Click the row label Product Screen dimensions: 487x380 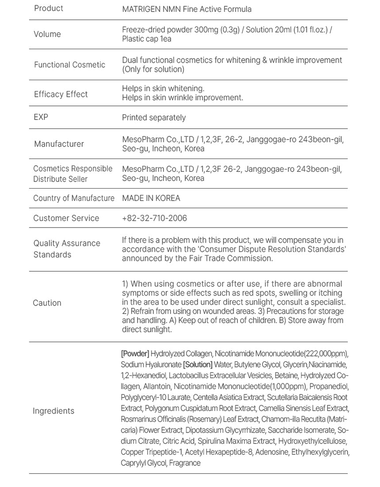tap(49, 8)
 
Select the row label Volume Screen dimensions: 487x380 tap(47, 34)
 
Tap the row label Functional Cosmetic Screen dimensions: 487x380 tap(69, 65)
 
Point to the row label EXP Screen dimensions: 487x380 tap(41, 117)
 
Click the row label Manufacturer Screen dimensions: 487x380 tap(59, 144)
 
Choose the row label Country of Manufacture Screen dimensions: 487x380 tap(74, 198)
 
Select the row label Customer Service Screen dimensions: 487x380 tap(66, 218)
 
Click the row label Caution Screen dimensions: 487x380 tap(47, 303)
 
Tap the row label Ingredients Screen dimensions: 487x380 tap(53, 411)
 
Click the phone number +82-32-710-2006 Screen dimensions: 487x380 tap(154, 218)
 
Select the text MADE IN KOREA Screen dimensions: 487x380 tap(151, 198)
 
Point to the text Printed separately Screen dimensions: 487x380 tap(154, 118)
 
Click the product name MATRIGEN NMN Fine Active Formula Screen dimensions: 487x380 tap(186, 9)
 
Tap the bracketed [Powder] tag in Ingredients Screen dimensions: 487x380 tap(135, 354)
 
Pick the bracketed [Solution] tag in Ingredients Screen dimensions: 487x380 tap(198, 365)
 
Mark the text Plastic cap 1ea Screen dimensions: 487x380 tap(147, 39)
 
